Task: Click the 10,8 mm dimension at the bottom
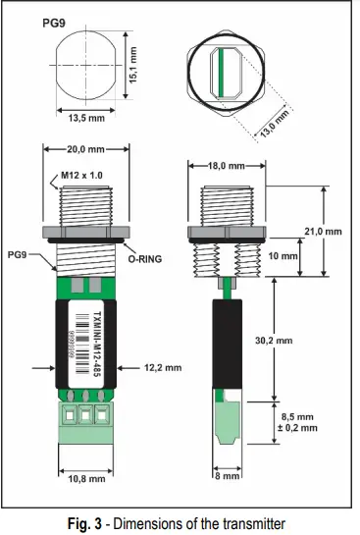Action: click(x=84, y=480)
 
